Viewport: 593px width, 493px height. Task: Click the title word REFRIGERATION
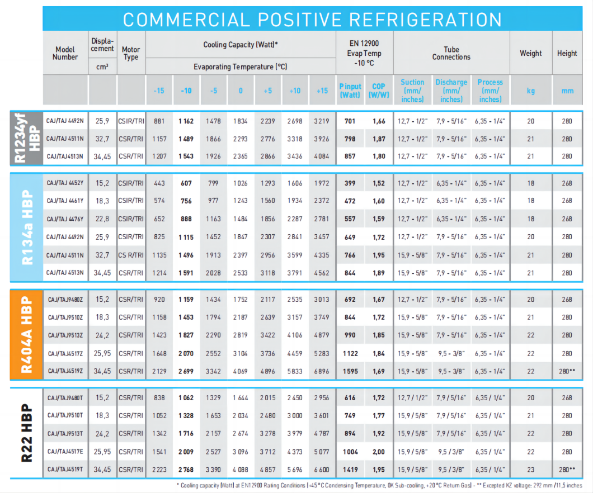[x=426, y=20]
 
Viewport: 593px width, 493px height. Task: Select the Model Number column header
[x=65, y=53]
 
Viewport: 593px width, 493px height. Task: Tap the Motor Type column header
[x=131, y=53]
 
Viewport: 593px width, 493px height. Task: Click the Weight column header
[x=530, y=53]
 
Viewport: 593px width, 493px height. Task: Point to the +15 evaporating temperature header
[x=322, y=91]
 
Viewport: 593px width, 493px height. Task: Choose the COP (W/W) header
[x=379, y=91]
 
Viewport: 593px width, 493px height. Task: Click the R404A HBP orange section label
[x=27, y=334]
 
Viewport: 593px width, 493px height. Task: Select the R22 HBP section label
[x=27, y=433]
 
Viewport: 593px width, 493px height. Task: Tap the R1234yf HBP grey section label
[x=27, y=138]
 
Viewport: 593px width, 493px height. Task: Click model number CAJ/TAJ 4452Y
[x=65, y=183]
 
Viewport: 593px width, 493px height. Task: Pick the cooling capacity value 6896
[x=322, y=371]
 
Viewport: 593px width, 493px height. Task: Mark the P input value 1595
[x=350, y=371]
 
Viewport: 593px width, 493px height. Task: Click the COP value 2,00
[x=379, y=452]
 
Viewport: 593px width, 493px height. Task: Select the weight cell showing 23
[x=530, y=470]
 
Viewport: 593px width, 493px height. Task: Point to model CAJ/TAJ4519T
[x=65, y=470]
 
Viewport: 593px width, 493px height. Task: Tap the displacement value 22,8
[x=102, y=219]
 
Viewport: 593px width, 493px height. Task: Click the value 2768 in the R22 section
[x=186, y=470]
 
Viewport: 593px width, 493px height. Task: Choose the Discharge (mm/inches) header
[x=451, y=91]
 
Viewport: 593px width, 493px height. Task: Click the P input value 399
[x=350, y=183]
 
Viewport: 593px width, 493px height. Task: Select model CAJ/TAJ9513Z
[x=65, y=335]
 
